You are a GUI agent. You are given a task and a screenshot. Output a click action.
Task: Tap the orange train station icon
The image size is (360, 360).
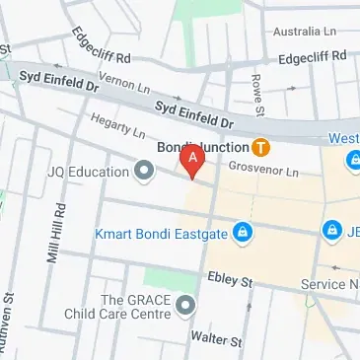260,149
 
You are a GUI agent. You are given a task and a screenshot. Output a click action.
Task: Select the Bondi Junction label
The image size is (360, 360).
203,149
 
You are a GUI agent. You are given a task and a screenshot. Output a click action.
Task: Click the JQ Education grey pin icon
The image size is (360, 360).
144,174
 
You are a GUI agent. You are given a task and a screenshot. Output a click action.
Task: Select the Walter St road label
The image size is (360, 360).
217,338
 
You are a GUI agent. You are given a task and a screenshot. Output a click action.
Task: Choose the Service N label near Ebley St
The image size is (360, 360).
329,285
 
